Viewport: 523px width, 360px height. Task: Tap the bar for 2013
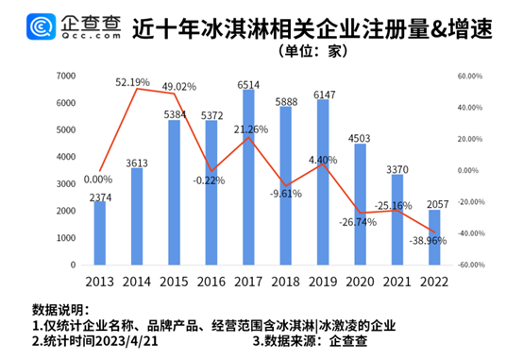(100, 232)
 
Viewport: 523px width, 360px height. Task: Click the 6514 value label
(248, 85)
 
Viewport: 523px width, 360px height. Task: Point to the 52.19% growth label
(136, 82)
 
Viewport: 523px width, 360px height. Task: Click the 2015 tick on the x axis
(174, 280)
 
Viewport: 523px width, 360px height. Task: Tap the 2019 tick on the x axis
(323, 280)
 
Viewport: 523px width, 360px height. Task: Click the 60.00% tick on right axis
(472, 77)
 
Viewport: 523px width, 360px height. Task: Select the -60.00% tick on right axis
(471, 266)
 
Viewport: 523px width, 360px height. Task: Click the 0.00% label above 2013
(98, 179)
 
